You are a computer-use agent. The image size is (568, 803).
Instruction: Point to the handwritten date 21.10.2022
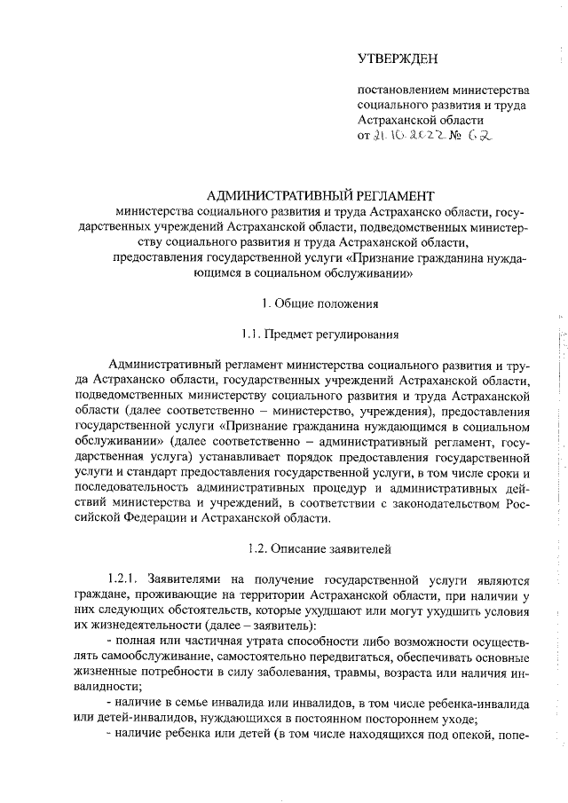click(x=406, y=137)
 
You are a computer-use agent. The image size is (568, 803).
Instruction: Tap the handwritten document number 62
click(x=480, y=136)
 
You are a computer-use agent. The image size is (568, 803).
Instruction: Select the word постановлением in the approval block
click(x=400, y=91)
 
